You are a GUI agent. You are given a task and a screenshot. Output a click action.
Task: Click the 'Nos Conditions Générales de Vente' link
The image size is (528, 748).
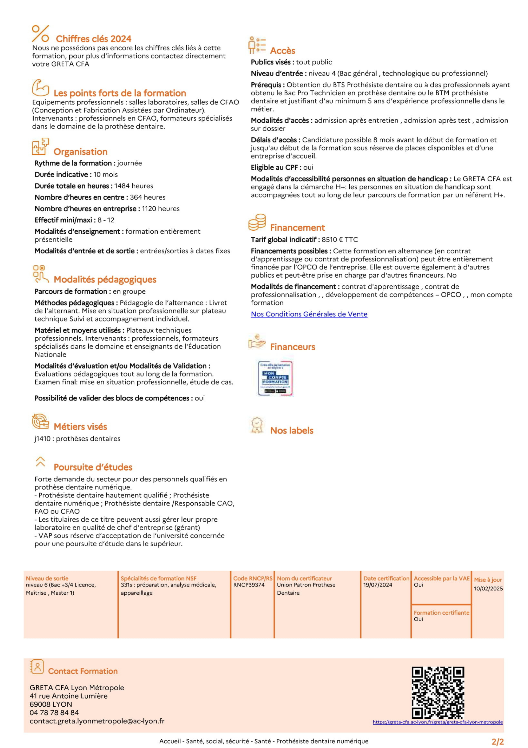coord(309,314)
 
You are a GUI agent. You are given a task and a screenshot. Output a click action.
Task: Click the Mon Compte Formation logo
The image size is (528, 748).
coord(275,378)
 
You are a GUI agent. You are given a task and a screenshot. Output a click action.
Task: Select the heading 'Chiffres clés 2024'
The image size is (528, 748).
coord(93,39)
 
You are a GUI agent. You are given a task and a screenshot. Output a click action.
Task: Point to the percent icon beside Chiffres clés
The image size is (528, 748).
coord(40,34)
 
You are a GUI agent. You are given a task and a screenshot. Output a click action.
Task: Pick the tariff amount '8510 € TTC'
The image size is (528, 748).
coord(340,240)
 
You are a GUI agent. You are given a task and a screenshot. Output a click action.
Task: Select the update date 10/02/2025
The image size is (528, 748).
coord(488,589)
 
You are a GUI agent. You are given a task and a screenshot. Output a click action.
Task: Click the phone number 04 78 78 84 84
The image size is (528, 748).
coord(54,712)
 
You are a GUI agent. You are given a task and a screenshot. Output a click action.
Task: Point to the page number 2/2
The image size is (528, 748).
coord(497,741)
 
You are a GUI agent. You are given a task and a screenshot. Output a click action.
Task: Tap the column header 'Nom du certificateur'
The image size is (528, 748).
coord(304,578)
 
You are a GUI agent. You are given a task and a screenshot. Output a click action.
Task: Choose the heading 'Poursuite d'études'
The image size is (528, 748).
coord(93,467)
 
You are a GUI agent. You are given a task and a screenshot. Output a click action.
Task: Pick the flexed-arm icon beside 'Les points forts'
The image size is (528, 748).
coord(40,88)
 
